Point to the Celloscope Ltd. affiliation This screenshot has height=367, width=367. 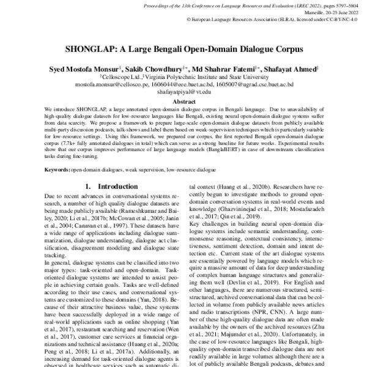pyautogui.click(x=120, y=77)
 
